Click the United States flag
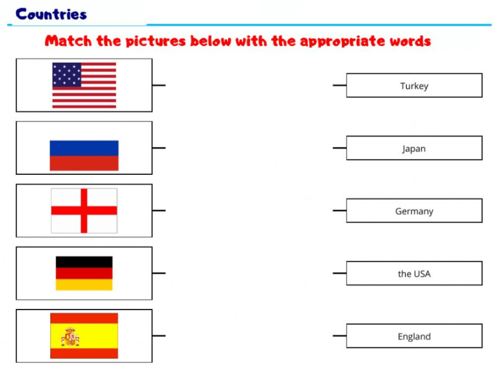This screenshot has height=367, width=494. (x=84, y=85)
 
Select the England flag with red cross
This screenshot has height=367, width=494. (x=84, y=210)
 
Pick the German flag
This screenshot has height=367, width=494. (x=84, y=273)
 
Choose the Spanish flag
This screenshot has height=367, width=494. (x=84, y=336)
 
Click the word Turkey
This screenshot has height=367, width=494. (x=414, y=86)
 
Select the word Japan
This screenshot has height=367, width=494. (x=414, y=148)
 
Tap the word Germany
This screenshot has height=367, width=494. (x=414, y=211)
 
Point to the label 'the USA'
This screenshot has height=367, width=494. (x=414, y=274)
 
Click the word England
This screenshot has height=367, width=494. (x=414, y=336)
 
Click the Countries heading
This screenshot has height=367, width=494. (x=51, y=14)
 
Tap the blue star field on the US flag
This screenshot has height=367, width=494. (x=66, y=74)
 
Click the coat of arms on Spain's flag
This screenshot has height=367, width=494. (x=71, y=337)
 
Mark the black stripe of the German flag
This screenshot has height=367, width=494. (x=84, y=262)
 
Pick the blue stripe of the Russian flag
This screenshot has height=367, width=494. (x=84, y=148)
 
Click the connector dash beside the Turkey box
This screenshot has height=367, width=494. (x=339, y=86)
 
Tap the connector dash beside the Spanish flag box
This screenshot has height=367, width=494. (x=159, y=336)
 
